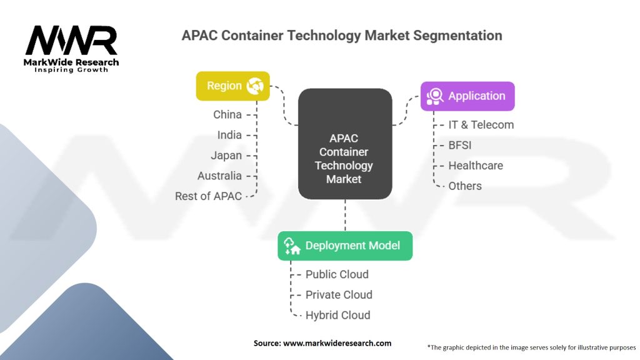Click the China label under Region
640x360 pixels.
(227, 114)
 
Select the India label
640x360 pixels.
(229, 135)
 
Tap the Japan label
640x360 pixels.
(226, 156)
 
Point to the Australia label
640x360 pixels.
(219, 176)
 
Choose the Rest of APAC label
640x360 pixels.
(208, 196)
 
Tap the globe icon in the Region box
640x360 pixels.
(255, 86)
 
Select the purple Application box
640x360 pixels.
(467, 96)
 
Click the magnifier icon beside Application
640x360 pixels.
(434, 96)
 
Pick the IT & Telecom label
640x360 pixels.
(481, 124)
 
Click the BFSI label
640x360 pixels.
(460, 145)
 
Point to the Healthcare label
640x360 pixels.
(475, 166)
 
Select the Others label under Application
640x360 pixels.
(465, 186)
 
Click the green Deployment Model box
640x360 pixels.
(345, 246)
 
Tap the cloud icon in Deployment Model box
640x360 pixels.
(292, 246)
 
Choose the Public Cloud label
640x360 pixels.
(337, 274)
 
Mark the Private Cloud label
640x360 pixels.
(339, 295)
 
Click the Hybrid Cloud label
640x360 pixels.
(337, 315)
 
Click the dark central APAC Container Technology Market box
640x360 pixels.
(344, 144)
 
